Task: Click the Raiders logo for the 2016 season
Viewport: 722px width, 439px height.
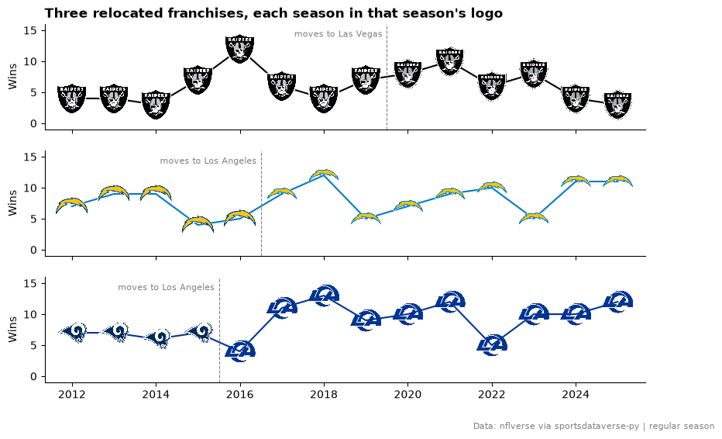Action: coord(240,49)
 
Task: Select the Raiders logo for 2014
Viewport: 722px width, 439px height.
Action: coord(156,105)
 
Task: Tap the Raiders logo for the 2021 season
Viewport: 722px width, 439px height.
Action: coord(450,61)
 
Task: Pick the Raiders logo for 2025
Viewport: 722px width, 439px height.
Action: coord(618,105)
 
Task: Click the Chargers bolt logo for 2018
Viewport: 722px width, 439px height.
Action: coord(324,175)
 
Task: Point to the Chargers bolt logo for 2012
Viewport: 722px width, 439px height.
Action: coord(72,206)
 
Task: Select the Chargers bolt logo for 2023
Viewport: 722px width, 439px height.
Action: coord(534,218)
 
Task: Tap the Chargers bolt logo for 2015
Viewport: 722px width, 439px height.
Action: coord(198,224)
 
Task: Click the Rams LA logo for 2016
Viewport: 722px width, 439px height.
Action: coord(240,351)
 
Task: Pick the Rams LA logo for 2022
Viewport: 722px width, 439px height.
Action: coord(492,345)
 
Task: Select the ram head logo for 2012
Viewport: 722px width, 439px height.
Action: coord(73,332)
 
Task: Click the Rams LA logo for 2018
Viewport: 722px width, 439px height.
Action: coord(324,296)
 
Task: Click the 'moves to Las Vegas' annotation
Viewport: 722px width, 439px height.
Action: coord(338,33)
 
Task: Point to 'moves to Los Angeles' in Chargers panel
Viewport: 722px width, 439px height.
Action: coord(208,161)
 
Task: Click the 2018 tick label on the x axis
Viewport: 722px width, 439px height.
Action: coord(324,394)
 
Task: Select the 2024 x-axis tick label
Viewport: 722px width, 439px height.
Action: coord(576,394)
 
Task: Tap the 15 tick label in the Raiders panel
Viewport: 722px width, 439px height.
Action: coord(30,30)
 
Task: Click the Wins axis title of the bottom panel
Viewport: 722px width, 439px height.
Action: coord(12,329)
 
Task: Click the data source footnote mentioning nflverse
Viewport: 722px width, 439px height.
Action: coord(593,426)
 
